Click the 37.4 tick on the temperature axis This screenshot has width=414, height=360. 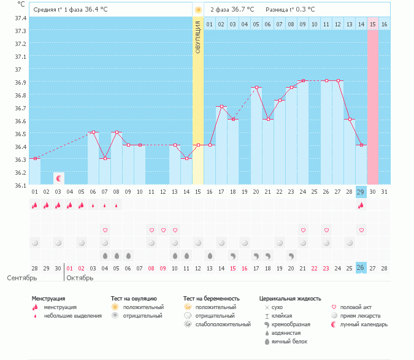pyautogui.click(x=20, y=18)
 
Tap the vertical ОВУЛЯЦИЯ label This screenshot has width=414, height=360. pyautogui.click(x=197, y=37)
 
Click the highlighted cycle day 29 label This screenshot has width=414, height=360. pyautogui.click(x=361, y=192)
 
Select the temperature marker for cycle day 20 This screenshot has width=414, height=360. pyautogui.click(x=256, y=88)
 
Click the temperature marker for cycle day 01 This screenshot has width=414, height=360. pyautogui.click(x=35, y=158)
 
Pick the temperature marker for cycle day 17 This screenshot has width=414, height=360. pyautogui.click(x=221, y=107)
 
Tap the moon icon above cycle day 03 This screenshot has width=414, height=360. pyautogui.click(x=58, y=178)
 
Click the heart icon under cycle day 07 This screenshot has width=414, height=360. pyautogui.click(x=105, y=230)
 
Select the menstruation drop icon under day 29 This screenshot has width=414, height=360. pyautogui.click(x=361, y=205)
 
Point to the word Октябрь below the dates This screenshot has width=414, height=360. pyautogui.click(x=79, y=278)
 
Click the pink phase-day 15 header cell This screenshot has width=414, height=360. pyautogui.click(x=372, y=24)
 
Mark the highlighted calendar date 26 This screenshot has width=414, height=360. pyautogui.click(x=361, y=268)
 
